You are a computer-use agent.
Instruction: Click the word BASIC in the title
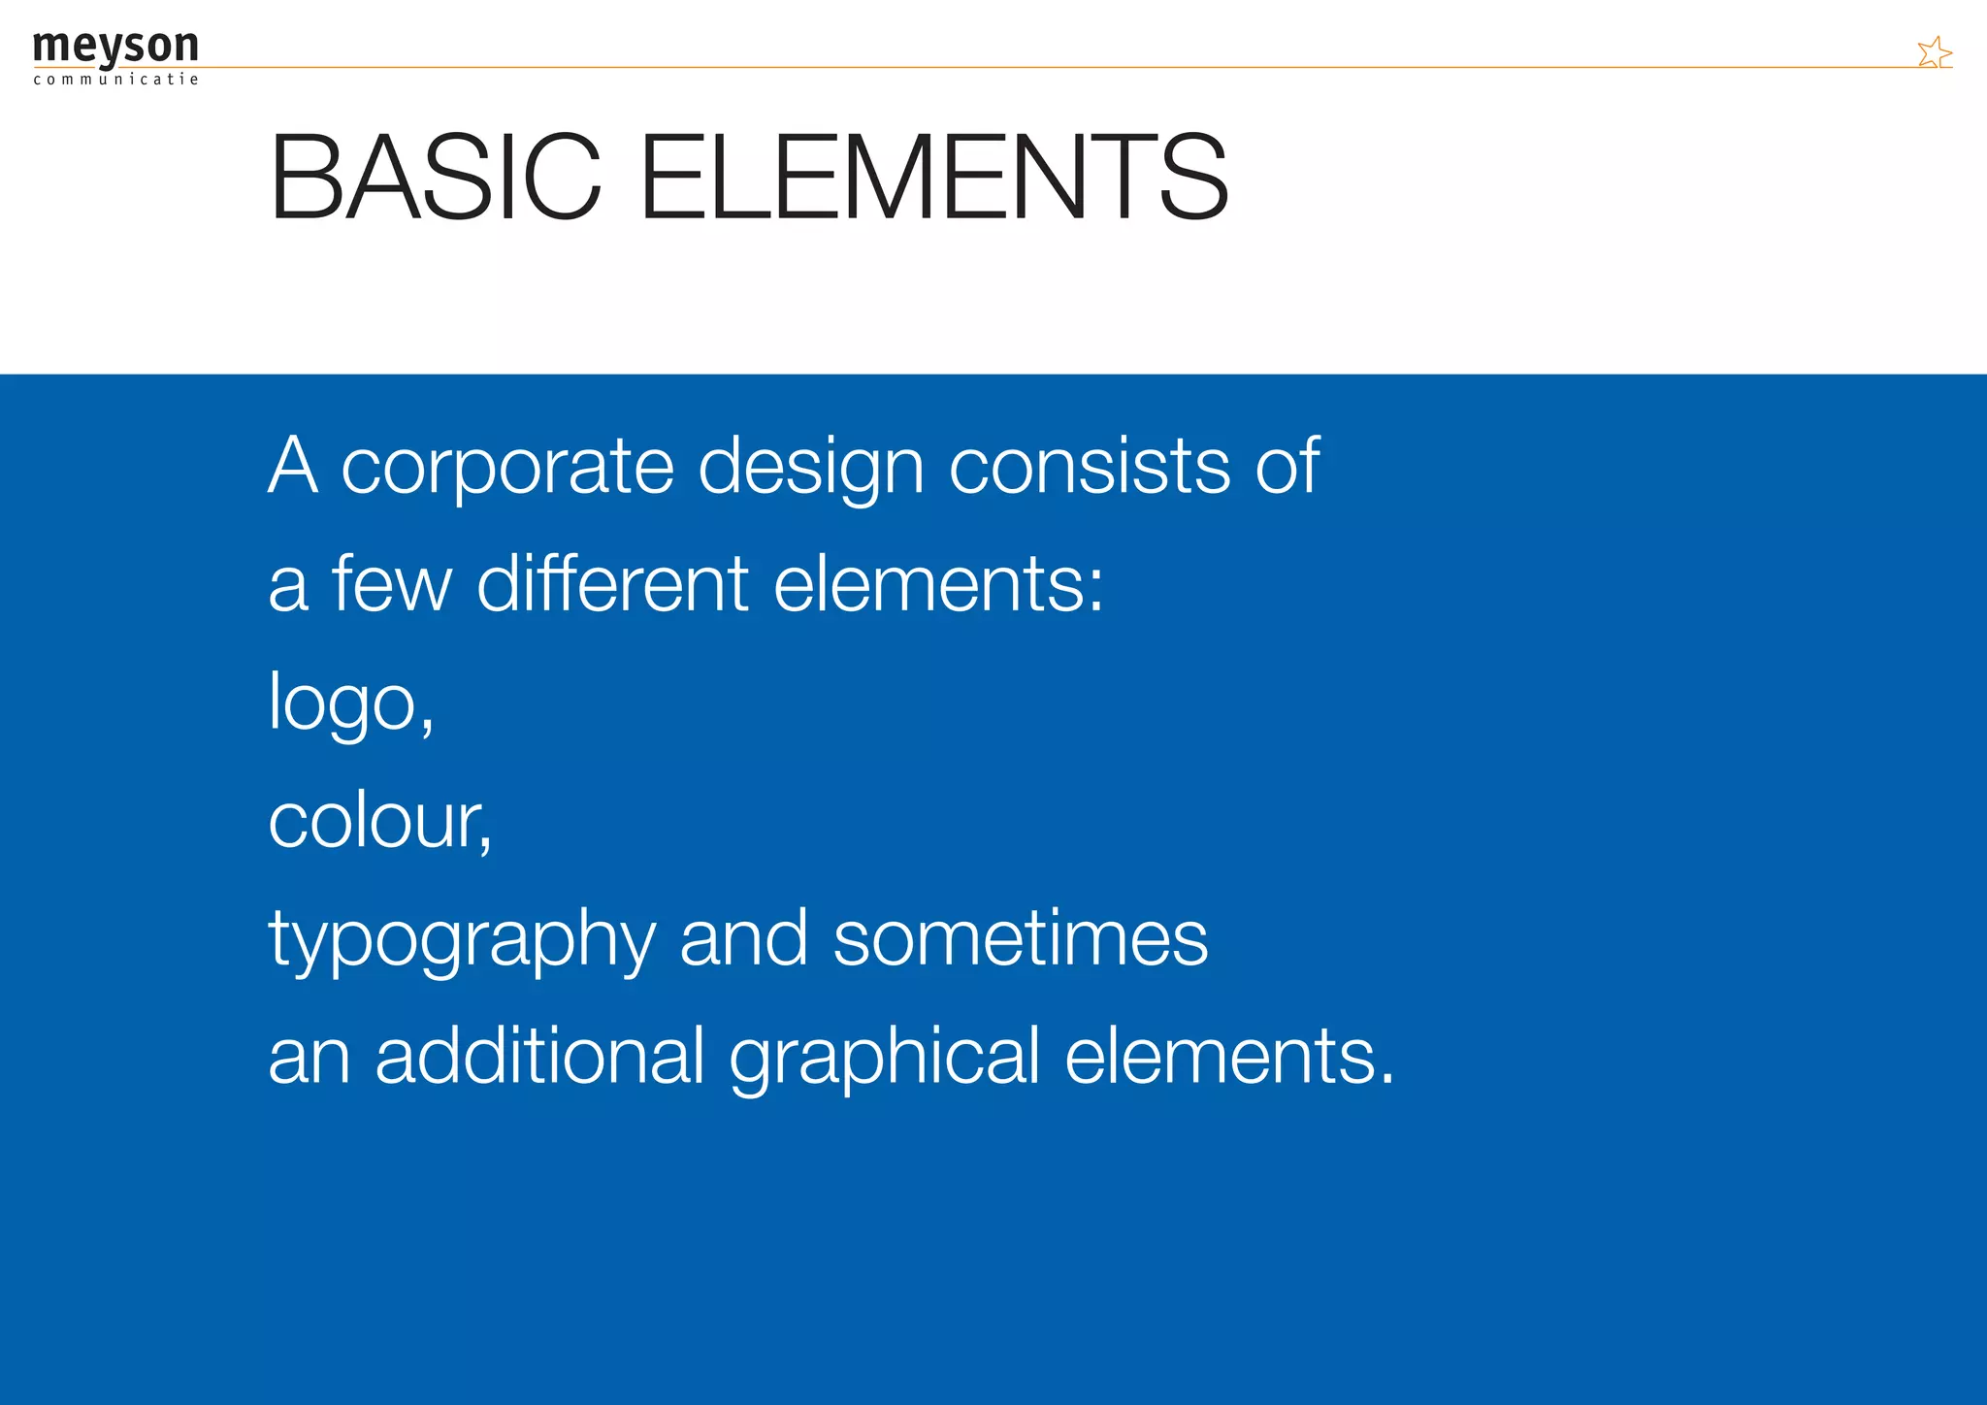coord(436,178)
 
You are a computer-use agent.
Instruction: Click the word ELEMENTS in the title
coord(934,178)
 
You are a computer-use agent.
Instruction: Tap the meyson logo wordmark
coord(115,46)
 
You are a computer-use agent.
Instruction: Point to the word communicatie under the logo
coord(115,80)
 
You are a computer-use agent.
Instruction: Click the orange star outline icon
coord(1934,52)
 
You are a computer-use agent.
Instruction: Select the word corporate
coord(507,467)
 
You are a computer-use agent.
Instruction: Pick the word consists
coord(1090,467)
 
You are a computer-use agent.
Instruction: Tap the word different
coord(612,584)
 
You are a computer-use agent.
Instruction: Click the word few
coord(392,584)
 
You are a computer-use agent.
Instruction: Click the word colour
coord(375,821)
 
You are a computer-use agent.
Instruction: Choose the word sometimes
coord(1021,938)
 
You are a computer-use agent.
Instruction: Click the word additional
coord(539,1056)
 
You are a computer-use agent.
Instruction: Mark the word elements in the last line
coord(1221,1056)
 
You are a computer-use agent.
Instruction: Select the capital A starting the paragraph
coord(293,467)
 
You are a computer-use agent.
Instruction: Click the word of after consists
coord(1287,467)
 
